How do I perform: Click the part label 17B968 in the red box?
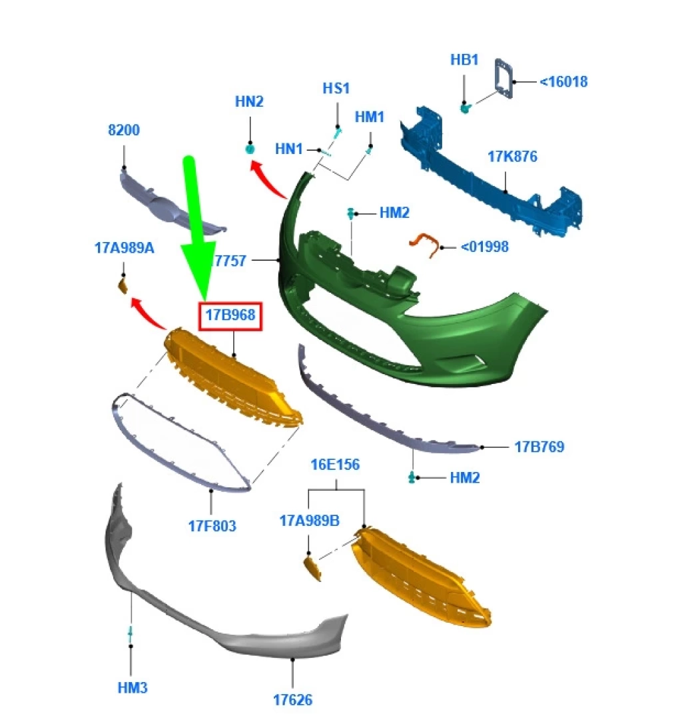coord(230,315)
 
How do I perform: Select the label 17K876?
coord(512,157)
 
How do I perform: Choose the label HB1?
coord(464,59)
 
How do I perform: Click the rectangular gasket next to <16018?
coord(504,78)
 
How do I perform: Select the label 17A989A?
coord(124,248)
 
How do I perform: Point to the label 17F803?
coord(212,527)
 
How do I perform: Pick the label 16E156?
coord(335,465)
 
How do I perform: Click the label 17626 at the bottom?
coord(292,700)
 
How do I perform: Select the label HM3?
coord(133,687)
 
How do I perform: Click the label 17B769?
coord(539,447)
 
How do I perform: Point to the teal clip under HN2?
coord(250,149)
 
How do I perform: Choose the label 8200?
coord(124,130)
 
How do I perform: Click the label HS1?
coord(336,89)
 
